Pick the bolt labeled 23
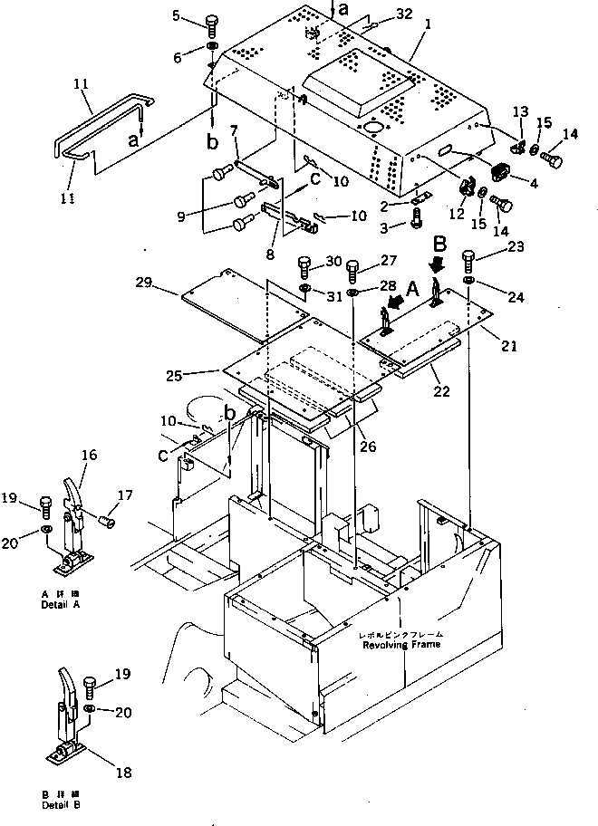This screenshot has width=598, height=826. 469,260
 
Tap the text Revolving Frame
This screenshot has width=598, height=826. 401,645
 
